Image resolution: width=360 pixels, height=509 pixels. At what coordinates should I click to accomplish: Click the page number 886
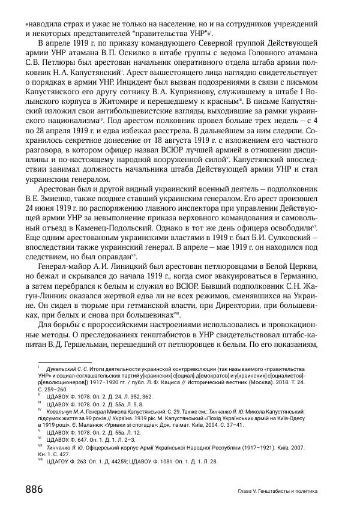click(34, 489)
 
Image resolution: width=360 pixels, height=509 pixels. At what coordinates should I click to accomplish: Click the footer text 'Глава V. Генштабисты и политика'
click(277, 491)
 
